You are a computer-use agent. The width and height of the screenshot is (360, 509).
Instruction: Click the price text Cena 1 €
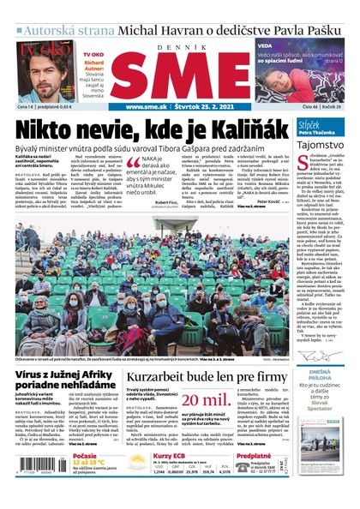(x=27, y=107)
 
